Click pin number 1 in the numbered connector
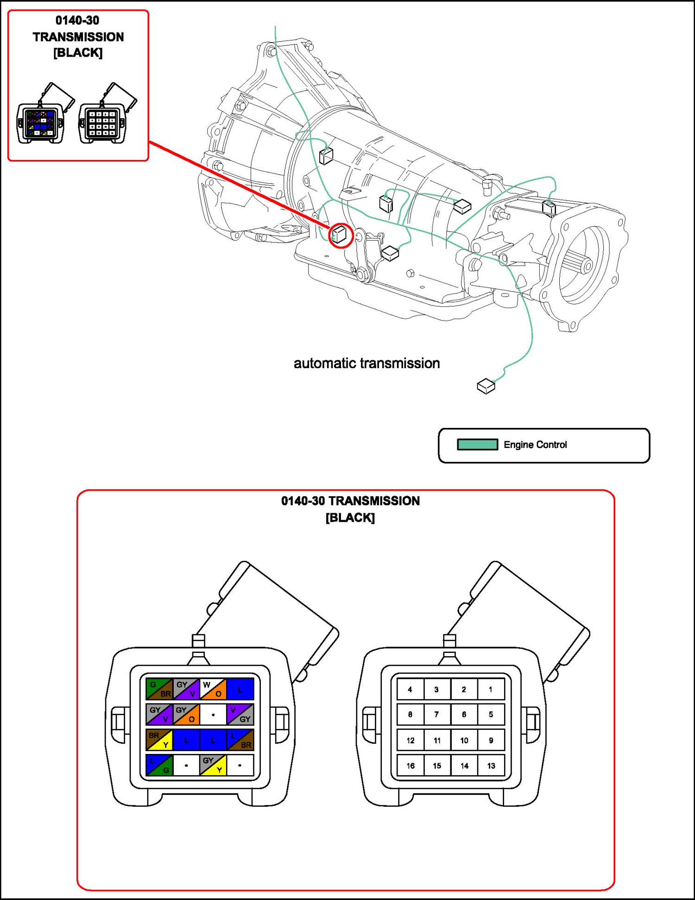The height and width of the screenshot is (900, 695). point(491,689)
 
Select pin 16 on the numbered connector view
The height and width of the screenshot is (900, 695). point(411,766)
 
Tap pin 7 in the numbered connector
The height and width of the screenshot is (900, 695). point(436,715)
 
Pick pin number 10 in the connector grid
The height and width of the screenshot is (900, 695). point(464,740)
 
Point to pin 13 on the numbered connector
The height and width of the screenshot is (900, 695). point(491,766)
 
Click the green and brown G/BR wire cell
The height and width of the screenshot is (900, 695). point(159,689)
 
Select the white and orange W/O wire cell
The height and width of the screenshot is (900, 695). point(213,689)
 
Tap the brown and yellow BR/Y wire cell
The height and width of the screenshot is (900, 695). point(159,740)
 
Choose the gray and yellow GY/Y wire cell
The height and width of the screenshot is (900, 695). point(213,765)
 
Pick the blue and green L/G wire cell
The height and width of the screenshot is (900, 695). point(159,765)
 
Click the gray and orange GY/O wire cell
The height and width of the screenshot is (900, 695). point(186,715)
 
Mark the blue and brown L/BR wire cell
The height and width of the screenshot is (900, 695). point(240,740)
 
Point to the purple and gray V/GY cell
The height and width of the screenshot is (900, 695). point(240,715)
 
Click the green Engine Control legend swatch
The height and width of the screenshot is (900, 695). point(477,444)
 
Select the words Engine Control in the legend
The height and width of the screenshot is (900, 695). point(535,445)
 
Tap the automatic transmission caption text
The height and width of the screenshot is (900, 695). point(366,363)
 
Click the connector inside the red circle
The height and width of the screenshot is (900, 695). point(340,235)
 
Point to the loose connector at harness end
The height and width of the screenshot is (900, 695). point(486,386)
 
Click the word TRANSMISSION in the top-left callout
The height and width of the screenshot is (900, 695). point(78,37)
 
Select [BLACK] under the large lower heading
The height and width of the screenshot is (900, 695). point(350,517)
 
